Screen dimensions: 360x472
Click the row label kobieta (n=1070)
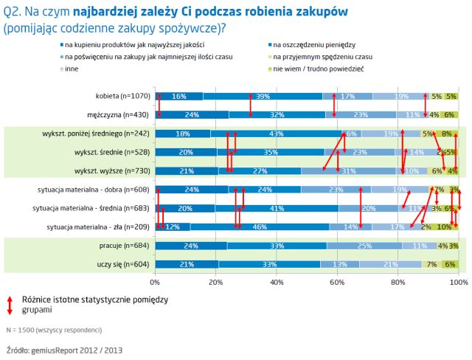pos(122,96)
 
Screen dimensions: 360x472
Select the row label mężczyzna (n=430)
pos(118,114)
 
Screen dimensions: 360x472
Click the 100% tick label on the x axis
pos(457,282)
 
